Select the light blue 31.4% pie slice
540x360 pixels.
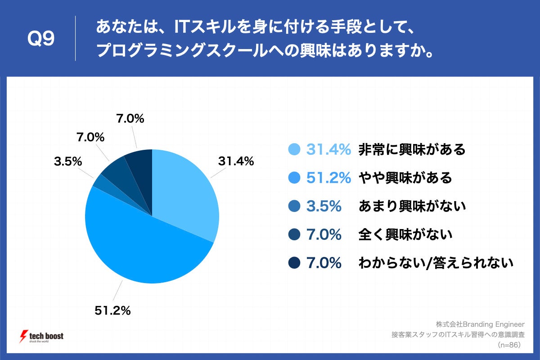[x=184, y=193]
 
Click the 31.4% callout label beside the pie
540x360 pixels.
[x=236, y=161]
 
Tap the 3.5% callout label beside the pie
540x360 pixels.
[x=67, y=161]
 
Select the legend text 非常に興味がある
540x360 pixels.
[x=412, y=150]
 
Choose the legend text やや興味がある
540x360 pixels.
[x=405, y=178]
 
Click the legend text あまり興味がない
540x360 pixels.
[x=412, y=206]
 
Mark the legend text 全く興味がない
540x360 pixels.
[x=405, y=234]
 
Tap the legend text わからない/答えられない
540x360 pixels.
[x=436, y=263]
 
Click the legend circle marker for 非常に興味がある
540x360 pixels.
[x=295, y=150]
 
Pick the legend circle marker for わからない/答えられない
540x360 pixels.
[x=295, y=263]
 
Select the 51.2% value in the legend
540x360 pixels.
[x=328, y=178]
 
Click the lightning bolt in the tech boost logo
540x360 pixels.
[x=22, y=337]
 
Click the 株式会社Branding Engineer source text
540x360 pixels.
[x=480, y=324]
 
